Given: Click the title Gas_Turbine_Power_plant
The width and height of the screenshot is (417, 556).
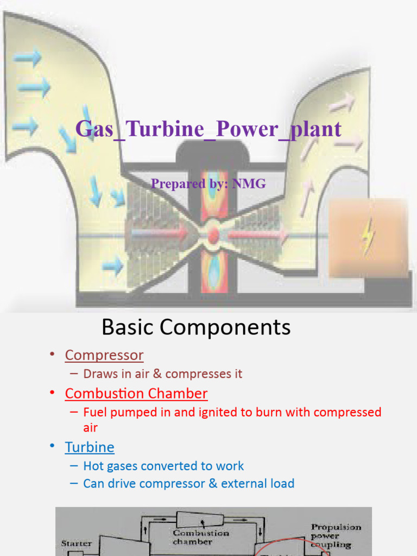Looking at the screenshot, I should tap(208, 129).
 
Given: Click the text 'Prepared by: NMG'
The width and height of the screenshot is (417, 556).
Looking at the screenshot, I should tap(208, 184).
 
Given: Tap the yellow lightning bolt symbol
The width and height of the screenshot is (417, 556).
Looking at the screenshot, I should tap(369, 237).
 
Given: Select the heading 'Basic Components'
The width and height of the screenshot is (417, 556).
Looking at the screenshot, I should tap(196, 327).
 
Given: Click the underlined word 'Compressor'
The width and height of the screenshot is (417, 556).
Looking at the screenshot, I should tap(104, 355).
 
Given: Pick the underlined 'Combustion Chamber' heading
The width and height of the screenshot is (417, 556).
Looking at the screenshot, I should tap(136, 393).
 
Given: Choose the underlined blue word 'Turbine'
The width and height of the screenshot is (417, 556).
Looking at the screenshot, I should tap(90, 447).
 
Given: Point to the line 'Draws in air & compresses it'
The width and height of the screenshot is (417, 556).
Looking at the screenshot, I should tap(162, 374).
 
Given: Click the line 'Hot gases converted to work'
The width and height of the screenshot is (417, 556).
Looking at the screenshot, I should tap(163, 466).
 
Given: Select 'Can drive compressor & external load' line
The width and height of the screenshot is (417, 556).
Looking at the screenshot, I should tap(188, 483).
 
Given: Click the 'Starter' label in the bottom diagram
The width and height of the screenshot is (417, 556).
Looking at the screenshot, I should tap(77, 542).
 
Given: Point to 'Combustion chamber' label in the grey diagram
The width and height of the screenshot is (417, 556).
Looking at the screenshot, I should tap(200, 537).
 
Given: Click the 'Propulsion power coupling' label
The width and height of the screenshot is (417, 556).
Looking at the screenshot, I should tap(336, 536).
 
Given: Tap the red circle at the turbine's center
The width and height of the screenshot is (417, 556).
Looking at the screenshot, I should tap(213, 235).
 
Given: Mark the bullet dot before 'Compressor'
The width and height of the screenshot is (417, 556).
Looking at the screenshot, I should tap(52, 355).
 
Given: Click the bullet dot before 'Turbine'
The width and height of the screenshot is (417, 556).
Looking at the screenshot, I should tap(52, 446).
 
